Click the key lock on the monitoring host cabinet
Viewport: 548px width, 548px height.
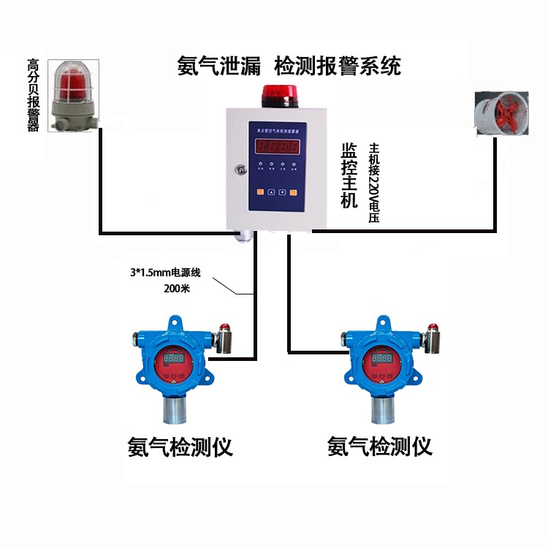238,170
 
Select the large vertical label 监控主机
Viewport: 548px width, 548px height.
349,175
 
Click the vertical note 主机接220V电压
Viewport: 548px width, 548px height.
375,183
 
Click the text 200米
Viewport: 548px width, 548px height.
177,289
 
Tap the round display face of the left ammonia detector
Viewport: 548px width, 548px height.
173,361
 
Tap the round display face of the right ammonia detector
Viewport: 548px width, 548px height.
381,361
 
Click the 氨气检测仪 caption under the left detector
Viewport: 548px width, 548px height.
180,446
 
